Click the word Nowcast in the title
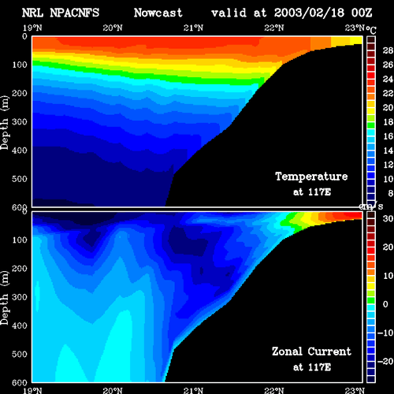tap(158, 13)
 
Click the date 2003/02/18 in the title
tap(309, 13)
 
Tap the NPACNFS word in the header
tap(75, 13)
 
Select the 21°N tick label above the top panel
tap(193, 28)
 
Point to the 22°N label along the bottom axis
tap(274, 390)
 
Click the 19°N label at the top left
tap(32, 28)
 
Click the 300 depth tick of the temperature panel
tap(20, 122)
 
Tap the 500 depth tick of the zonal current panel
tap(20, 354)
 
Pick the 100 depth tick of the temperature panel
tap(20, 65)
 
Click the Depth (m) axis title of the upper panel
tap(5, 123)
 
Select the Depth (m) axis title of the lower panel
tap(5, 298)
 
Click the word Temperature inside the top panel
tap(311, 177)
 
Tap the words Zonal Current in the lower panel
tap(311, 351)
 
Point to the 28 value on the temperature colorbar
tap(388, 50)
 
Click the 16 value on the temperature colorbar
tap(388, 136)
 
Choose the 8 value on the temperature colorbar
tap(391, 193)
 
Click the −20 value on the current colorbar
tap(385, 362)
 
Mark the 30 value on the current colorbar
tap(388, 218)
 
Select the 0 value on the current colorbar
tap(385, 304)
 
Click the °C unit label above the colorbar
tap(371, 30)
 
